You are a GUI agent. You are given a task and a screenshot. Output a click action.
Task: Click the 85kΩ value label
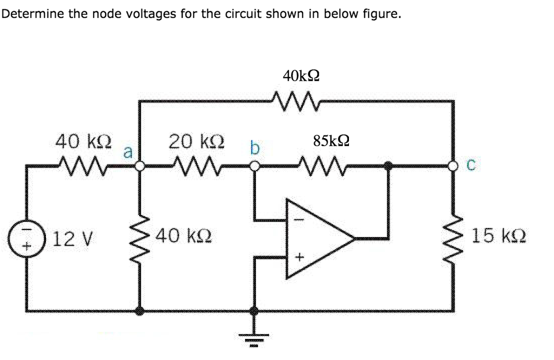(x=331, y=141)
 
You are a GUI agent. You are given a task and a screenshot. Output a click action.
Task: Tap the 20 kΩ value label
(x=193, y=141)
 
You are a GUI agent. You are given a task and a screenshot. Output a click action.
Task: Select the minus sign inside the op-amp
(x=296, y=219)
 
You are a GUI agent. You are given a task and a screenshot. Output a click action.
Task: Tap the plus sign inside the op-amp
(x=296, y=256)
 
